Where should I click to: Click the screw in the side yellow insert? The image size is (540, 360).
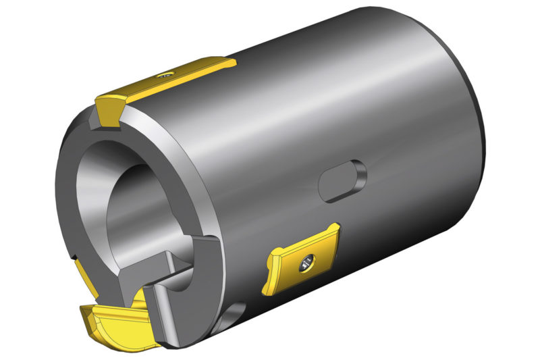[308, 262]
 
